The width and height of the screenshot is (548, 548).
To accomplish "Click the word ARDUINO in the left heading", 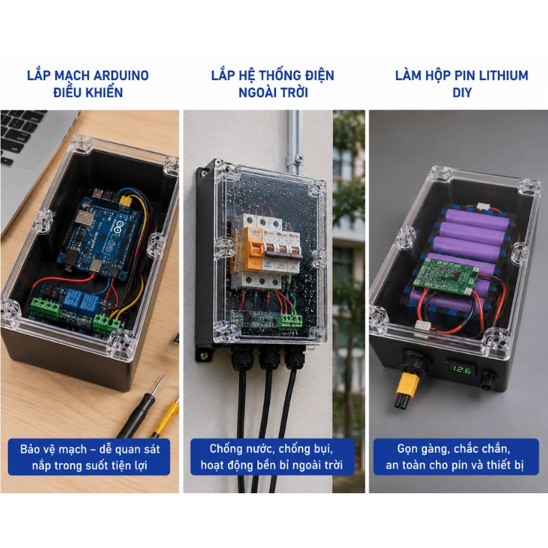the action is [x=121, y=75].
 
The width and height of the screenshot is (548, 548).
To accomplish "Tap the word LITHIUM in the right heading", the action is [x=503, y=75].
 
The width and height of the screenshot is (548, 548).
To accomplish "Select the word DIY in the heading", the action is [x=462, y=92].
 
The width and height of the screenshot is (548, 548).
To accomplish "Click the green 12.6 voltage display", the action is [x=461, y=369].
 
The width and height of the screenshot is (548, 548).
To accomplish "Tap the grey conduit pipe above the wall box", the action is [x=294, y=140].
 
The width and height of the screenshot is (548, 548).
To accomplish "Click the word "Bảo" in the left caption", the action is [x=29, y=449].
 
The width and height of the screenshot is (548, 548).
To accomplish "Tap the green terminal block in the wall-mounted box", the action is [x=290, y=321].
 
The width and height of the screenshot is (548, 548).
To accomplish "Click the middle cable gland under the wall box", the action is [x=269, y=357].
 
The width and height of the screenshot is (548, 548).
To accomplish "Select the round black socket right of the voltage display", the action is [x=488, y=379].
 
